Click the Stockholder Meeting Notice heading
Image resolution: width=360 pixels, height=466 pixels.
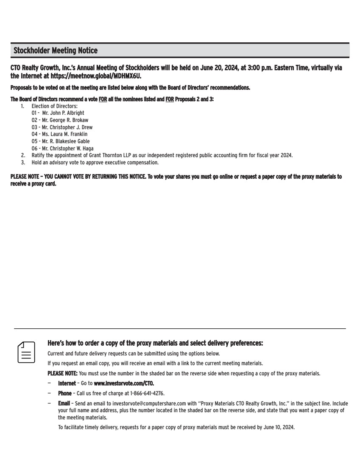pos(56,51)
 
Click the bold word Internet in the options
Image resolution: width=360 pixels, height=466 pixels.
pos(67,383)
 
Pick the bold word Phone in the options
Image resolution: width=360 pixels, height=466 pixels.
pos(65,393)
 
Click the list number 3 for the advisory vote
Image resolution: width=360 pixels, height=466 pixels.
pos(23,162)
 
